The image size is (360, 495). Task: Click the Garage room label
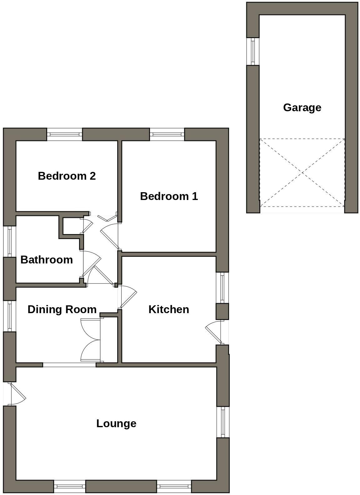pos(302,107)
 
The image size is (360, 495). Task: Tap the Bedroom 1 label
pos(169,196)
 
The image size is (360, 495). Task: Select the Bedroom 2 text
pos(67,176)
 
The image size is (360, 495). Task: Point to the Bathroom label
pos(47,260)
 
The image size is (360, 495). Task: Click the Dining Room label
pos(62,309)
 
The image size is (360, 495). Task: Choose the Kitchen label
pos(168,309)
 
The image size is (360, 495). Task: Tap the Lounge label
pos(116,423)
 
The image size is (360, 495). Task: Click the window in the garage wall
pos(253,51)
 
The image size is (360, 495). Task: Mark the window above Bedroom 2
pos(65,134)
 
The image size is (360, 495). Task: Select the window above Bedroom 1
pos(167,134)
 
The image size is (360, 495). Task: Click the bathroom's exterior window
pos(9,241)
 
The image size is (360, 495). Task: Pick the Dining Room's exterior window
pos(9,316)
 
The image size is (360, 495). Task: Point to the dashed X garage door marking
pos(302,172)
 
